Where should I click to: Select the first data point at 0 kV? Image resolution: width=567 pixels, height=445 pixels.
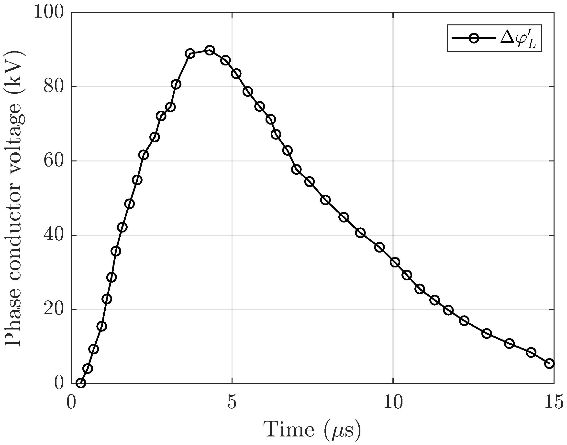pos(81,383)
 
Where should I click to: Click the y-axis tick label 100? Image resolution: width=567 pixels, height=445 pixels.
pos(49,12)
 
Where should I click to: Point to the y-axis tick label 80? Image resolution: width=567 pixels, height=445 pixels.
pos(54,86)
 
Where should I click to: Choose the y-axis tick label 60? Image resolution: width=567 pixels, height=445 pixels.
pos(54,161)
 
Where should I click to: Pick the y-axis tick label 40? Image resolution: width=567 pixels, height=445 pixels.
pos(54,235)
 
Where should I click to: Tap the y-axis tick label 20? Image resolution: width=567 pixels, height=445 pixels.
pos(54,309)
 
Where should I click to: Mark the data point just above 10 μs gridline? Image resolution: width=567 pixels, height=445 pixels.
pos(395,262)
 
